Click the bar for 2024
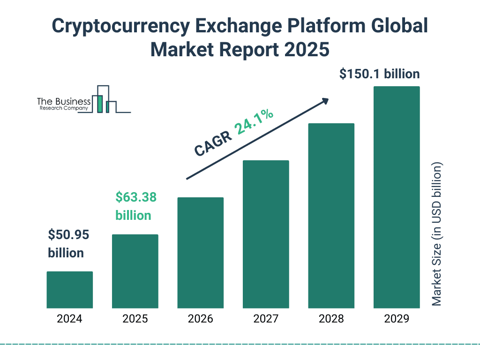point(69,290)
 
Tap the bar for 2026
point(201,253)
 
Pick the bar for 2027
point(266,234)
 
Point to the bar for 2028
point(331,216)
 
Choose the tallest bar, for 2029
point(397,197)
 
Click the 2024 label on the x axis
point(69,319)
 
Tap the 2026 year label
point(201,319)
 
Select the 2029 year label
point(397,319)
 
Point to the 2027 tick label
point(266,319)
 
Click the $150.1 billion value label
point(380,74)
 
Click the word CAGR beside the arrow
point(212,143)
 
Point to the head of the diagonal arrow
point(326,100)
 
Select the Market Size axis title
point(437,234)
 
